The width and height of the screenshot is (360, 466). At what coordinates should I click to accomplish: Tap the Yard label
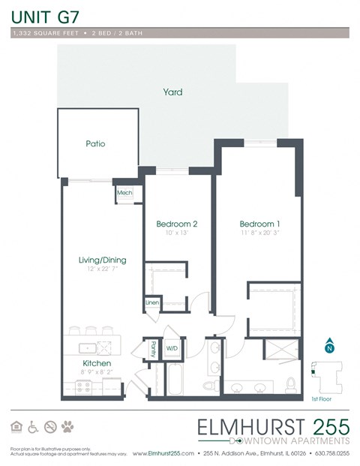point(173,92)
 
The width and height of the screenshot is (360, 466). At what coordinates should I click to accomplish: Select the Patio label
point(95,143)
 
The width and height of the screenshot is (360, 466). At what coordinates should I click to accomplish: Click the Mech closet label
point(124,193)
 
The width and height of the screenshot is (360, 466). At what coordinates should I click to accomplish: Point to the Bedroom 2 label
point(177,224)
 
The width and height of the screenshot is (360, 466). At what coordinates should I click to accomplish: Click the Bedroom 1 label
point(260,224)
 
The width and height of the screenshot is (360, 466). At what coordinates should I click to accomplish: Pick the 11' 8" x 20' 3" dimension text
point(260,233)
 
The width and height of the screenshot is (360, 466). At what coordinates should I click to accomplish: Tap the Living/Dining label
point(102,260)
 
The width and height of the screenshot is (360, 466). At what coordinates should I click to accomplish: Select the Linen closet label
point(152,302)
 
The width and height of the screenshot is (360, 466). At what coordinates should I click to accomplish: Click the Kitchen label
point(97,362)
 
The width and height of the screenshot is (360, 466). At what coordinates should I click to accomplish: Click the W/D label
point(172,348)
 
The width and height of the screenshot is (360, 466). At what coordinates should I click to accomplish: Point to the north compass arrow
point(328,347)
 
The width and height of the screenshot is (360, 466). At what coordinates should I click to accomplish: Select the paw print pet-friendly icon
point(69,426)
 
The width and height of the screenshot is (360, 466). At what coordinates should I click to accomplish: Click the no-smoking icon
point(51,426)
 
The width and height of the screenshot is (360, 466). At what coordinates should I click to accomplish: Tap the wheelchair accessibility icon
point(33,426)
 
